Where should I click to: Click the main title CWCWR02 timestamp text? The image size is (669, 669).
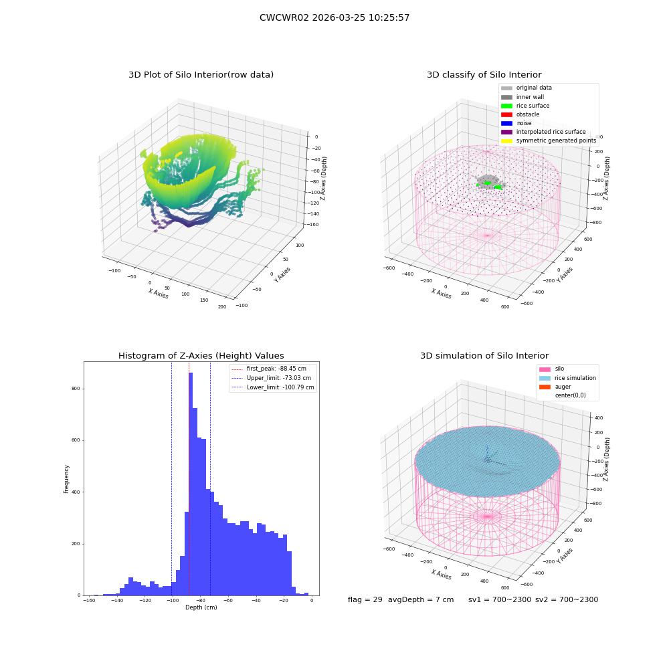click(334, 18)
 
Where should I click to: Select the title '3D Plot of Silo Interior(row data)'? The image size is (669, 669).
click(201, 75)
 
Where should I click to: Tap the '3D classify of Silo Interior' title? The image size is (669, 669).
click(484, 75)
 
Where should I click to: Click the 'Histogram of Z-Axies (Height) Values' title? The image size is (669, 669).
click(201, 356)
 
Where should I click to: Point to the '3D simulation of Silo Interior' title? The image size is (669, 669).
click(484, 356)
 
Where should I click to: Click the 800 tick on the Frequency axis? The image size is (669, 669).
click(76, 389)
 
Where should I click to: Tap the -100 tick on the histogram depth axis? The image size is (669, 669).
click(173, 601)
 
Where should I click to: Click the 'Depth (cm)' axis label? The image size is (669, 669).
click(201, 607)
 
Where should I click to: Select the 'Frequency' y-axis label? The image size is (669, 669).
click(66, 479)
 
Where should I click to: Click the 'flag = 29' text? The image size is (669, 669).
click(365, 600)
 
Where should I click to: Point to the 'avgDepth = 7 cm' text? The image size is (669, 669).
click(421, 600)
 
